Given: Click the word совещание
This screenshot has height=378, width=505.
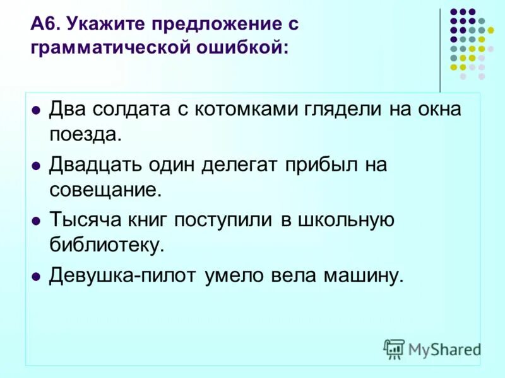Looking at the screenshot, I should pos(106,189).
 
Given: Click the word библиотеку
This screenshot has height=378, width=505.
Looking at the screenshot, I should pos(107,245).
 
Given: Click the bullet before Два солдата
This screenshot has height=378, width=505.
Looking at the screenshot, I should pos(36,110).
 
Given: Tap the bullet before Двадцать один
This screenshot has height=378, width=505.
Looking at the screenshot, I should pos(36,165).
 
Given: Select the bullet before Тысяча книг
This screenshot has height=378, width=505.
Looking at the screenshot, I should pos(36,220).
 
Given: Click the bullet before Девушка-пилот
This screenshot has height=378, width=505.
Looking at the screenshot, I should pos(36,277).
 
